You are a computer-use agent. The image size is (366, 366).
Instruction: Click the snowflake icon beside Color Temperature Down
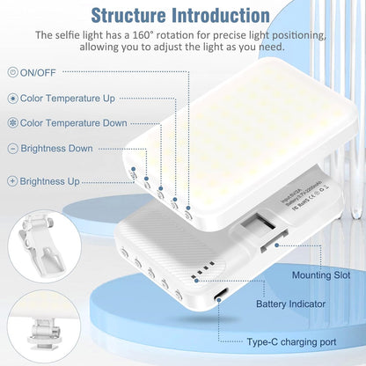12,124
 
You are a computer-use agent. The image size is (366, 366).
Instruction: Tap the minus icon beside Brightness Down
12,150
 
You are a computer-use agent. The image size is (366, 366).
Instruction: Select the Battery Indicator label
292,304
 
